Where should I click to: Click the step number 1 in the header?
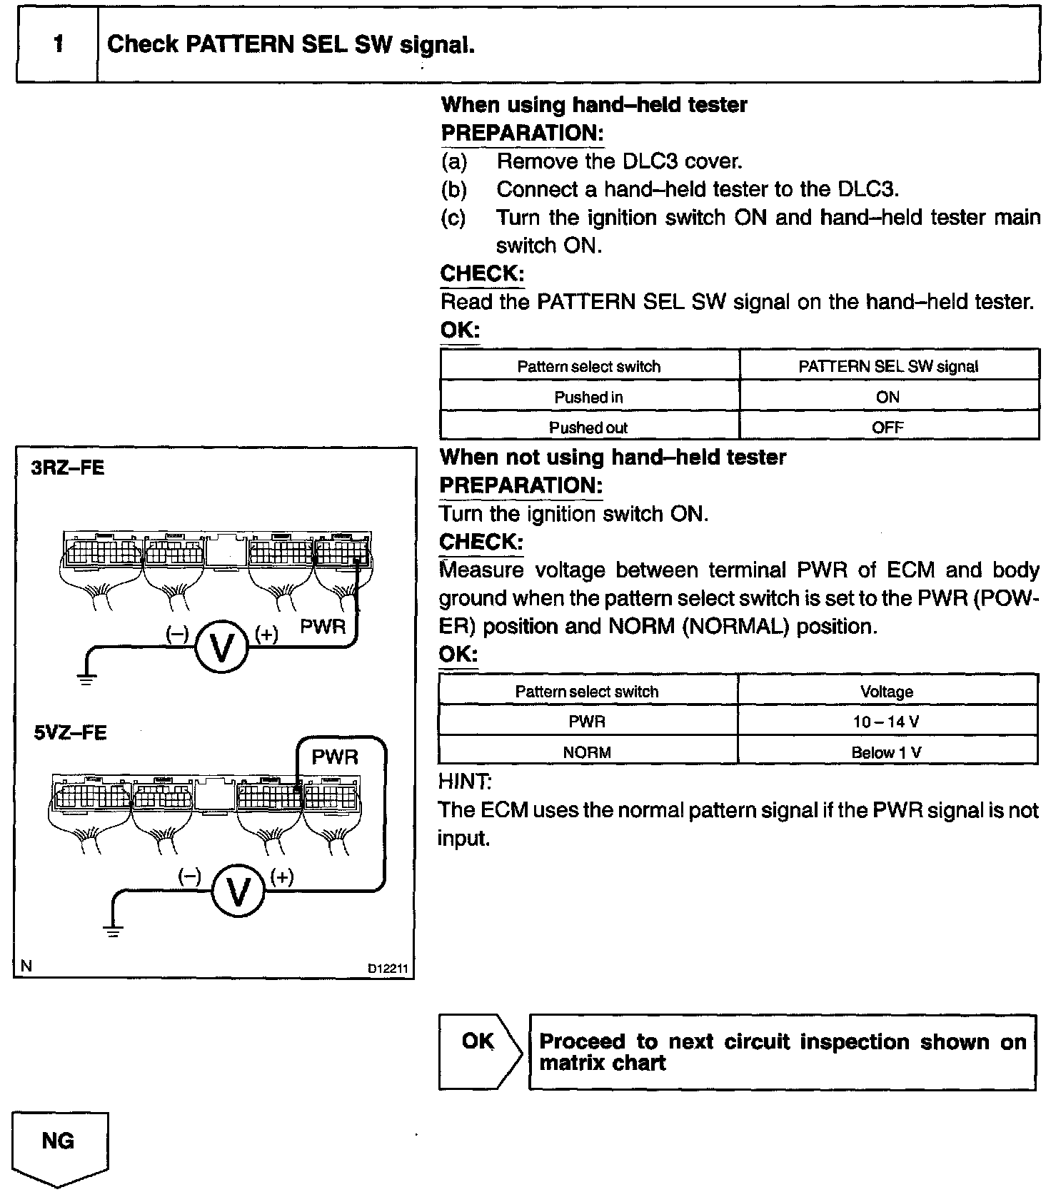tap(58, 44)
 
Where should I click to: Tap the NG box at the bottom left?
tap(59, 1141)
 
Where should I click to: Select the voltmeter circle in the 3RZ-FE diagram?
tap(221, 647)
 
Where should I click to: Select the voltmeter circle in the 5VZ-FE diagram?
tap(238, 892)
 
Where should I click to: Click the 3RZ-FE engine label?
tap(68, 468)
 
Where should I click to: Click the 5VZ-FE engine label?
tap(71, 734)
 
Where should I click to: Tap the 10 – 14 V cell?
tap(886, 722)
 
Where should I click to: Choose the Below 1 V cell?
tap(886, 752)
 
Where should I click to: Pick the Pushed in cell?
tap(588, 398)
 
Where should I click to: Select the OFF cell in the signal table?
tap(887, 428)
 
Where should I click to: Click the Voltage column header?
tap(886, 692)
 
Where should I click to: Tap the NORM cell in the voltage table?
tap(587, 752)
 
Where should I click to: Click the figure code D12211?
tap(388, 969)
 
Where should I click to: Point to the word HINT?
tap(464, 782)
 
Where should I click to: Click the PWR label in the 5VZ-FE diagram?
tap(335, 757)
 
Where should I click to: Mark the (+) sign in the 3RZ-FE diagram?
tap(266, 634)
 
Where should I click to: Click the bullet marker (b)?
tap(454, 190)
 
